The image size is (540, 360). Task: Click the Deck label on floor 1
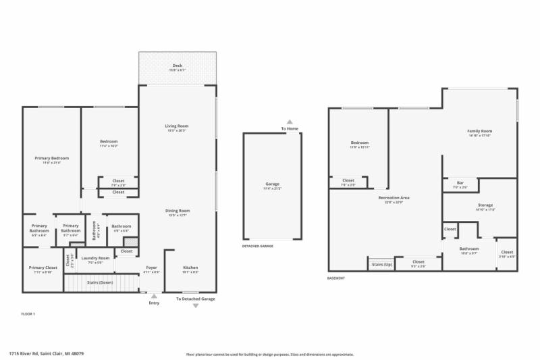coord(177,66)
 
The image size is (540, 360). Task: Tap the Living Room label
coord(177,126)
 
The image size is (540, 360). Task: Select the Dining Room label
coord(177,211)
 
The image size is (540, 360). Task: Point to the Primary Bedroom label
coord(52,158)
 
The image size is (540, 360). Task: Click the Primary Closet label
coord(42,268)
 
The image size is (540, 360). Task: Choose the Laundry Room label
coord(95,258)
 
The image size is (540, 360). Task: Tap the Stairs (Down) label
coord(99,282)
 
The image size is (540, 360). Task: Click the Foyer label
coord(151,268)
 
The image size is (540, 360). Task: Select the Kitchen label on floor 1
coord(191,268)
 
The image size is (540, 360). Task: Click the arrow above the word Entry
coord(154,296)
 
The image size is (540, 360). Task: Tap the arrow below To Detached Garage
coord(196,306)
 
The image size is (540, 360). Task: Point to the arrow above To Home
coord(290,122)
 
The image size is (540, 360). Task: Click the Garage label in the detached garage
coord(272,184)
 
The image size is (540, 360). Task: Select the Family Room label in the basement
coord(479,130)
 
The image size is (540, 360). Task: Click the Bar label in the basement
coord(460,184)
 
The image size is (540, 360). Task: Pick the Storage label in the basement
coord(485,205)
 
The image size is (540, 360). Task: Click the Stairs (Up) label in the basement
coord(381,264)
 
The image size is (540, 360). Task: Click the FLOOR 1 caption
coord(28,315)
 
